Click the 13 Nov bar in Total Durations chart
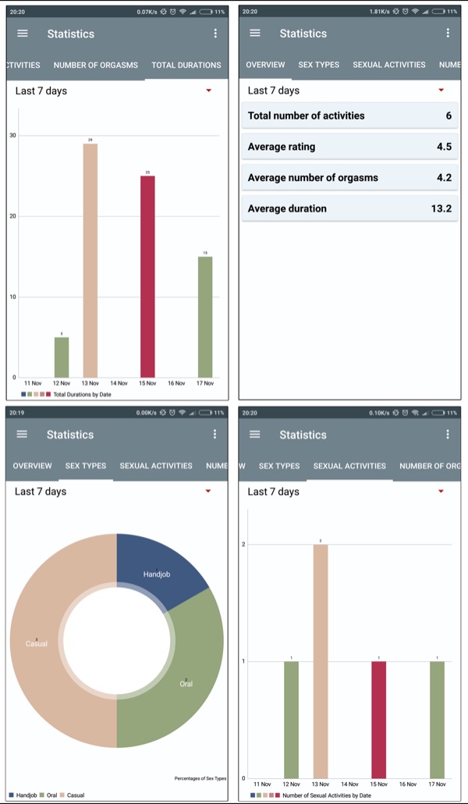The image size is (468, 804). click(90, 261)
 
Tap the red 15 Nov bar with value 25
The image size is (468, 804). click(147, 277)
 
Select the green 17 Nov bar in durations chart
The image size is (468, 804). click(205, 317)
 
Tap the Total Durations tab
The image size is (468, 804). click(186, 66)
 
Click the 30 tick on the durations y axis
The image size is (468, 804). click(12, 136)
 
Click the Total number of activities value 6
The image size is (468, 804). click(448, 116)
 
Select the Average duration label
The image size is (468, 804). click(287, 208)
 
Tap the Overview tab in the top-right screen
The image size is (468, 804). click(265, 65)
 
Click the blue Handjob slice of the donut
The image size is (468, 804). click(156, 570)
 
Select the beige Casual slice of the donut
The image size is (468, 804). click(47, 640)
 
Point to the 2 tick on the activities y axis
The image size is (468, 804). click(244, 544)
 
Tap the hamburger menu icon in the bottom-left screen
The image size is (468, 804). click(22, 434)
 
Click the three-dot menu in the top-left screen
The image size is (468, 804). click(215, 34)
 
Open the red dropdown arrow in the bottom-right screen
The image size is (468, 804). click(441, 491)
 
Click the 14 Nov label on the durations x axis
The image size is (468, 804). click(119, 383)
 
